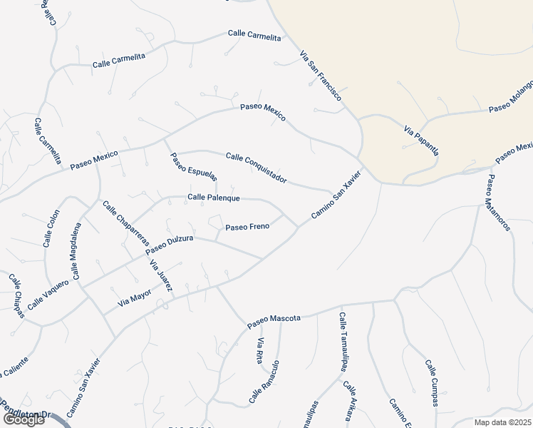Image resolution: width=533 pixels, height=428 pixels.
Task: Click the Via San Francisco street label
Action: (x=321, y=75)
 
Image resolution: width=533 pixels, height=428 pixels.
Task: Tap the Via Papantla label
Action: (x=421, y=141)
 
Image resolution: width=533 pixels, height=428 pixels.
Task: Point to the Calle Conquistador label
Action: (x=257, y=168)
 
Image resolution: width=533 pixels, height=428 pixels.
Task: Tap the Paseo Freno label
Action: (x=247, y=227)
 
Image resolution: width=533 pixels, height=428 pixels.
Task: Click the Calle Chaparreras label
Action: (x=125, y=224)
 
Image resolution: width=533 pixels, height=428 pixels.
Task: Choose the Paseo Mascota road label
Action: (x=274, y=320)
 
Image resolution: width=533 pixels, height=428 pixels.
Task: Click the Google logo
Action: (x=24, y=419)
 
